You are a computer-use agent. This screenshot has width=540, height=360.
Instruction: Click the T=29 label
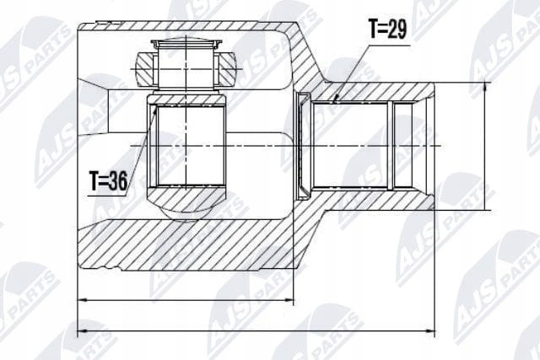pos(388,29)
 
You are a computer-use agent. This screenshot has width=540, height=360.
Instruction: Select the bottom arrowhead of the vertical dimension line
pos(486,206)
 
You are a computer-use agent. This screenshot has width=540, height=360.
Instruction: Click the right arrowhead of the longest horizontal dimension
pos(429,331)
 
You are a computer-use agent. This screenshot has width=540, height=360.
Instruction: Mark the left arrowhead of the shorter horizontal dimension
pos(83,300)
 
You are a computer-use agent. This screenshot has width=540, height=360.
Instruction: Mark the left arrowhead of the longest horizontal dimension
pos(83,331)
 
